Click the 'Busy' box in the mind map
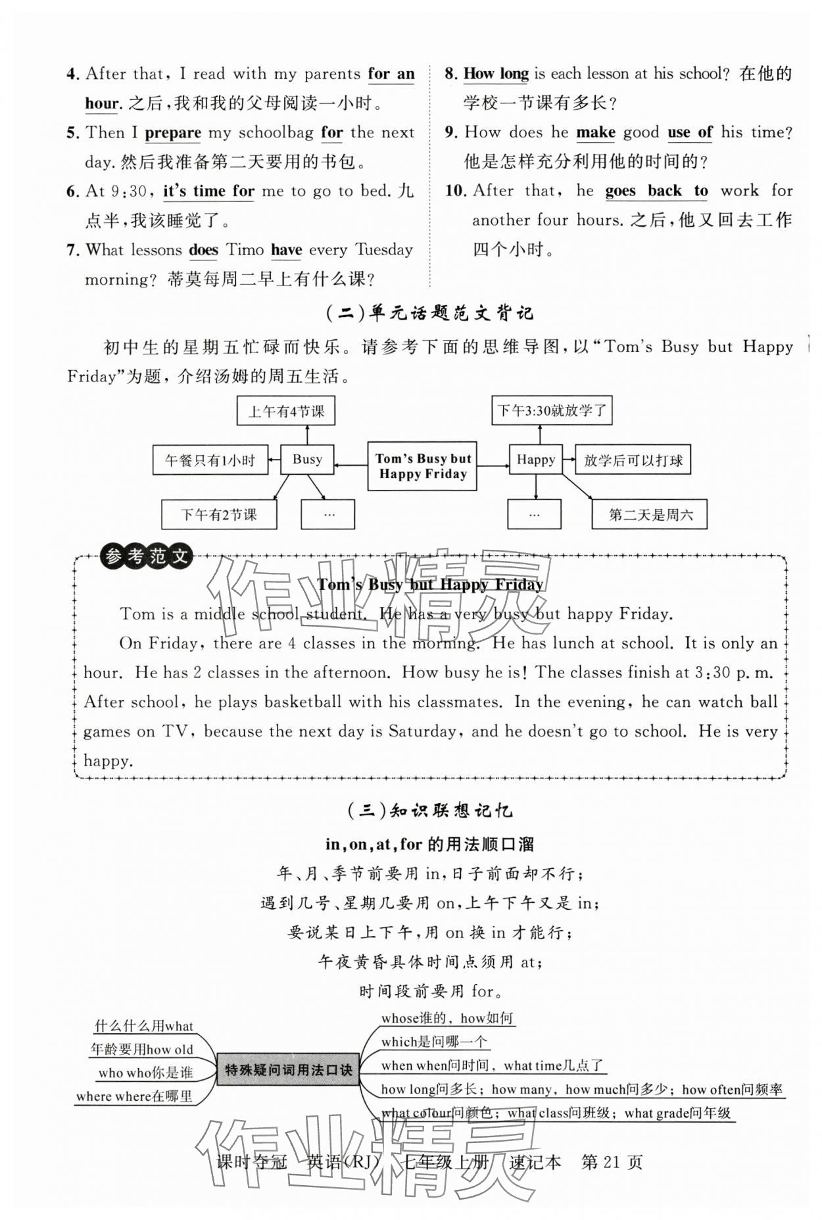pyautogui.click(x=307, y=459)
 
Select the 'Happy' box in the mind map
pyautogui.click(x=535, y=459)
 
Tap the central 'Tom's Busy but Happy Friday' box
pyautogui.click(x=422, y=466)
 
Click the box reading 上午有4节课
pyautogui.click(x=286, y=411)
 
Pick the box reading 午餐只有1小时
pyautogui.click(x=210, y=460)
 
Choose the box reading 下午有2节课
pyautogui.click(x=219, y=514)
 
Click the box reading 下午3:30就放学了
pyautogui.click(x=552, y=410)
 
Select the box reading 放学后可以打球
pyautogui.click(x=633, y=460)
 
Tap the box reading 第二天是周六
pyautogui.click(x=650, y=514)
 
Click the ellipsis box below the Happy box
pyautogui.click(x=534, y=514)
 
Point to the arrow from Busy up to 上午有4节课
pyautogui.click(x=307, y=435)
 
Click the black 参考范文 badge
pyautogui.click(x=146, y=557)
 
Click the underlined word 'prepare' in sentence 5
pyautogui.click(x=173, y=132)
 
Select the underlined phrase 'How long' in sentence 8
pyautogui.click(x=496, y=74)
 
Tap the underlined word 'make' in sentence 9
pyautogui.click(x=596, y=132)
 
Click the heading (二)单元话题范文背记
pyautogui.click(x=429, y=313)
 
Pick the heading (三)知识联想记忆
pyautogui.click(x=429, y=810)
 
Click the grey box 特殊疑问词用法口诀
pyautogui.click(x=288, y=1070)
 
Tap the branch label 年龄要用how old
pyautogui.click(x=142, y=1049)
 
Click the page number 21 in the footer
pyautogui.click(x=611, y=1162)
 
